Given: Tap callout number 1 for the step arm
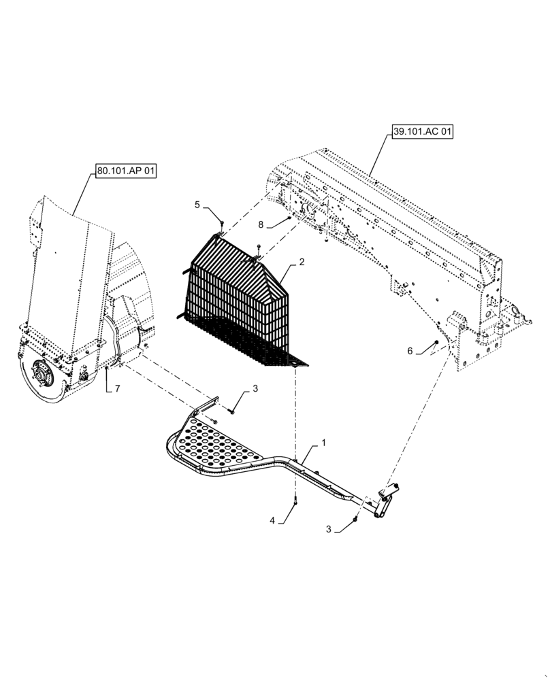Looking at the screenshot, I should pos(323,443).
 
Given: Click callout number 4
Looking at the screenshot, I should pos(272,521).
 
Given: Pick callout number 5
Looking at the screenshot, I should pos(197,205).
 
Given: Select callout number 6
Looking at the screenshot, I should pos(410,351).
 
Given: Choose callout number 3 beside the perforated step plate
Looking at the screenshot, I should pos(255,389).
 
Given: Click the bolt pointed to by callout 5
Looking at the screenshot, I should pos(223,221).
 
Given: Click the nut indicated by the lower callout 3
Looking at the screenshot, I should pos(355,521).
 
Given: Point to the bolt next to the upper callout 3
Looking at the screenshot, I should pos(231,411).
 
